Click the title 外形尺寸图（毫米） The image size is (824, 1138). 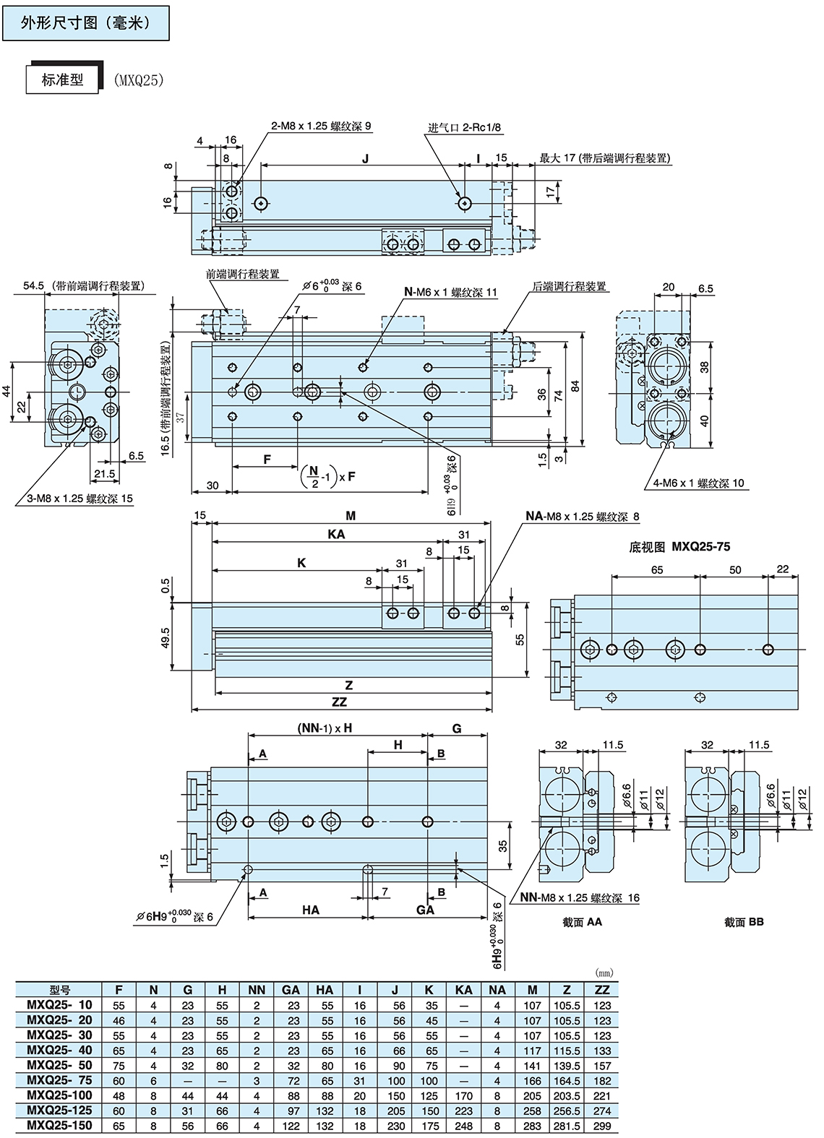click(85, 23)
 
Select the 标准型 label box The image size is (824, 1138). click(63, 79)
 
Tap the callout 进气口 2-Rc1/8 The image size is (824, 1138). click(464, 127)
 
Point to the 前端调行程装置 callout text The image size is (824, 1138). click(242, 274)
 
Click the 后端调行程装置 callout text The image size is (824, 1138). click(570, 286)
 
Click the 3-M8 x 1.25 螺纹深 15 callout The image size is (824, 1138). click(80, 499)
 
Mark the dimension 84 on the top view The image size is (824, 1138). click(575, 386)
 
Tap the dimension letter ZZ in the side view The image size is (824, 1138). click(339, 702)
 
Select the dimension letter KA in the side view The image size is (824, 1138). click(336, 534)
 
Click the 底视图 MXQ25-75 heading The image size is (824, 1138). click(679, 547)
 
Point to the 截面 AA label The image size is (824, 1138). click(582, 921)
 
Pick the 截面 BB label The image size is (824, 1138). click(744, 921)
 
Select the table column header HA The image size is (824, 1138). click(325, 990)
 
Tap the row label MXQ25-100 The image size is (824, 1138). click(59, 1095)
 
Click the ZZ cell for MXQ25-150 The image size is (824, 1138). click(602, 1126)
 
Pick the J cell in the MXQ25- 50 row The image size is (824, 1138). click(395, 1065)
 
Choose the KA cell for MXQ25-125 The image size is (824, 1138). click(463, 1111)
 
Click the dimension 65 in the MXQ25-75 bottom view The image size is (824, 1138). click(657, 569)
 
